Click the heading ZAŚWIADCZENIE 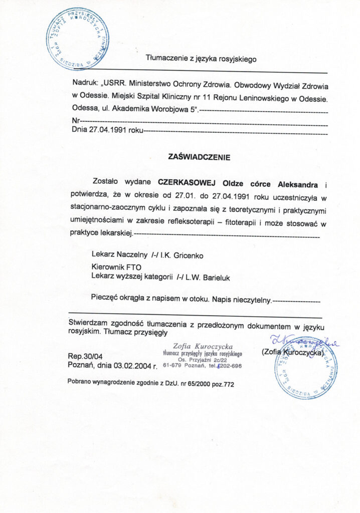(200, 157)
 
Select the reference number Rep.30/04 (83, 356)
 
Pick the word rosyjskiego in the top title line (235, 59)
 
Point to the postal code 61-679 (173, 365)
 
